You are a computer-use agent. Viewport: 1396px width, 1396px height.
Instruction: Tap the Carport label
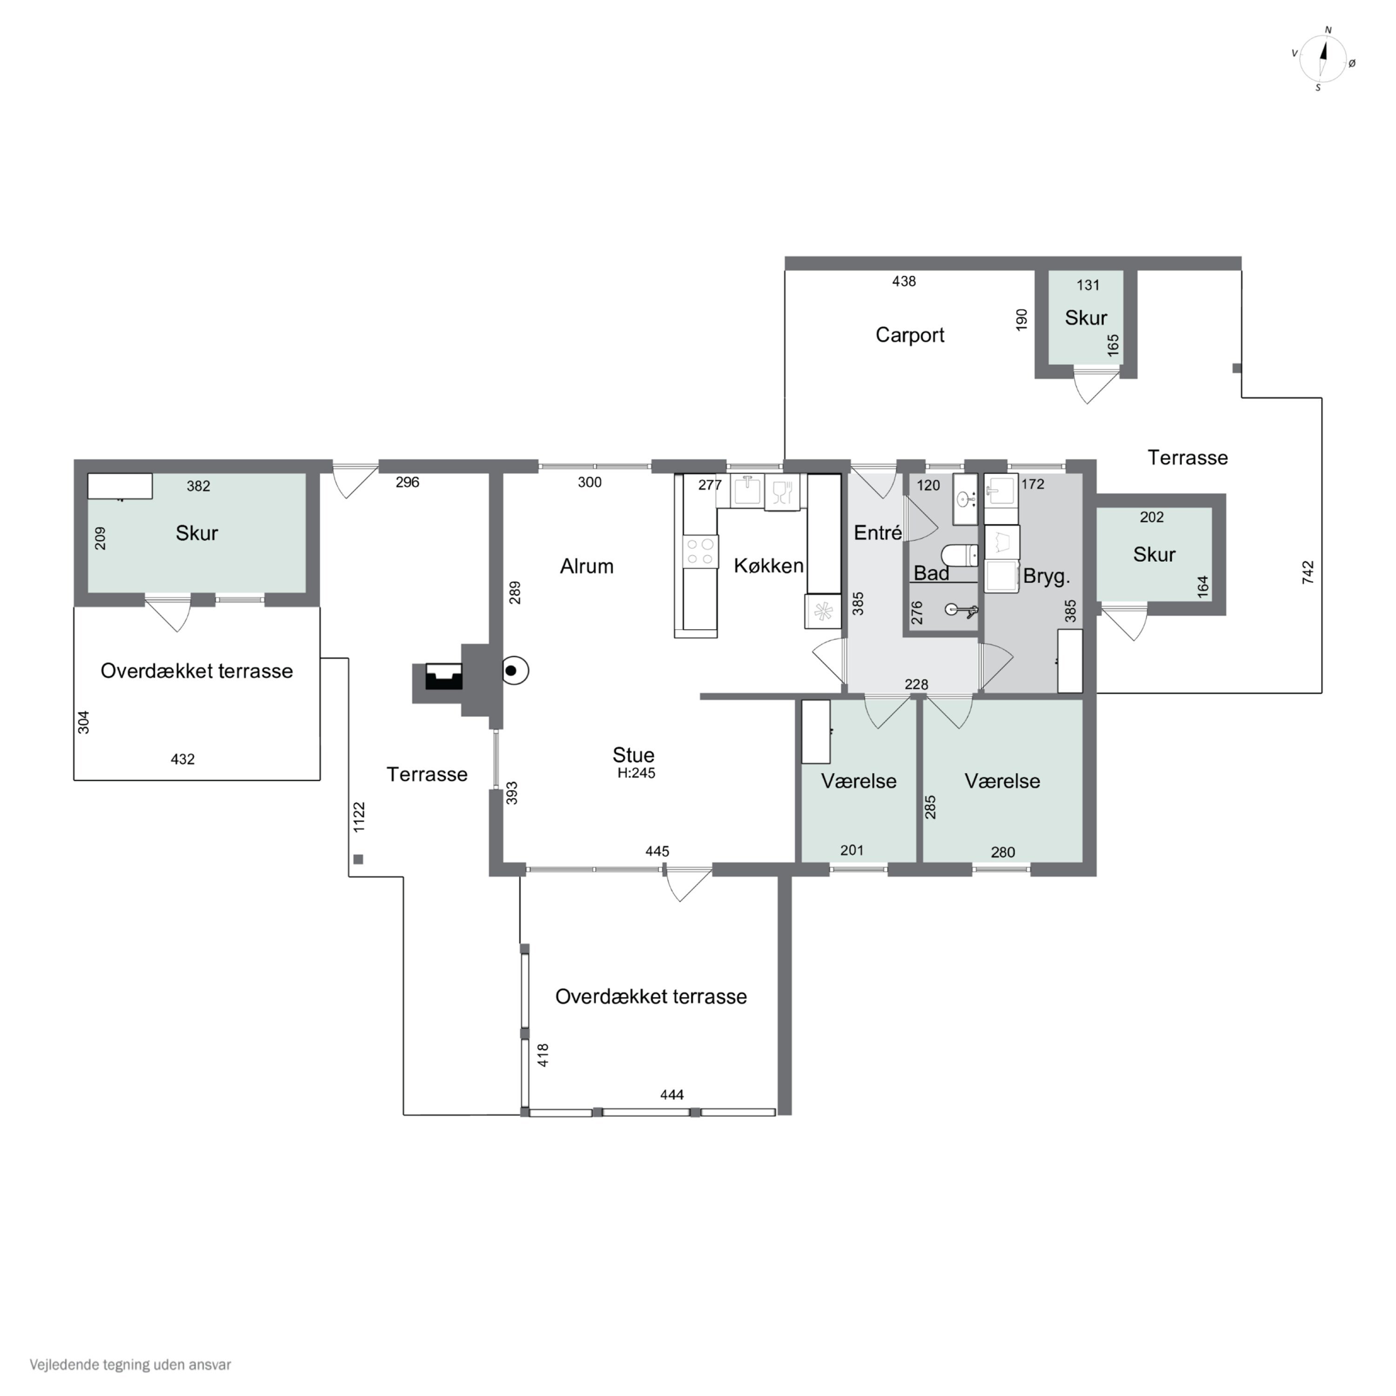click(910, 335)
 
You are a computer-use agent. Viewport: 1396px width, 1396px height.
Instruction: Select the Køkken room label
click(769, 566)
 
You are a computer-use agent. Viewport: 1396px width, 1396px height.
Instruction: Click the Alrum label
click(587, 566)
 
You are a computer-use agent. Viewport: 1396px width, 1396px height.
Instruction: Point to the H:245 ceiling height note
click(636, 773)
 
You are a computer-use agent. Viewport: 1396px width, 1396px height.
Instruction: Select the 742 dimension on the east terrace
click(1308, 572)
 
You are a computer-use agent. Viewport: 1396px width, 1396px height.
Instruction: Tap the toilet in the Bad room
click(960, 555)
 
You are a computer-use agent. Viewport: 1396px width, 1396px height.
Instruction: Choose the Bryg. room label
click(1046, 577)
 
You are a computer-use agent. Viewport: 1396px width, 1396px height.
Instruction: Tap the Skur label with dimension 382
click(196, 533)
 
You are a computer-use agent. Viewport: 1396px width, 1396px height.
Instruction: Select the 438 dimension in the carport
click(904, 281)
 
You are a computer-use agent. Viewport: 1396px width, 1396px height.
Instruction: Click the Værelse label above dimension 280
click(1002, 781)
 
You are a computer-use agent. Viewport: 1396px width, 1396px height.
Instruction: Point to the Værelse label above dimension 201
click(859, 781)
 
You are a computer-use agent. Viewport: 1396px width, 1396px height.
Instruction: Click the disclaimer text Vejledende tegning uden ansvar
click(130, 1365)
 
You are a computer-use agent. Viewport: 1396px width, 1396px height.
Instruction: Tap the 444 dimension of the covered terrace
click(671, 1094)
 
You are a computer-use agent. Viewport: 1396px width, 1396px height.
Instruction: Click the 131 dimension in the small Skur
click(1088, 285)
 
